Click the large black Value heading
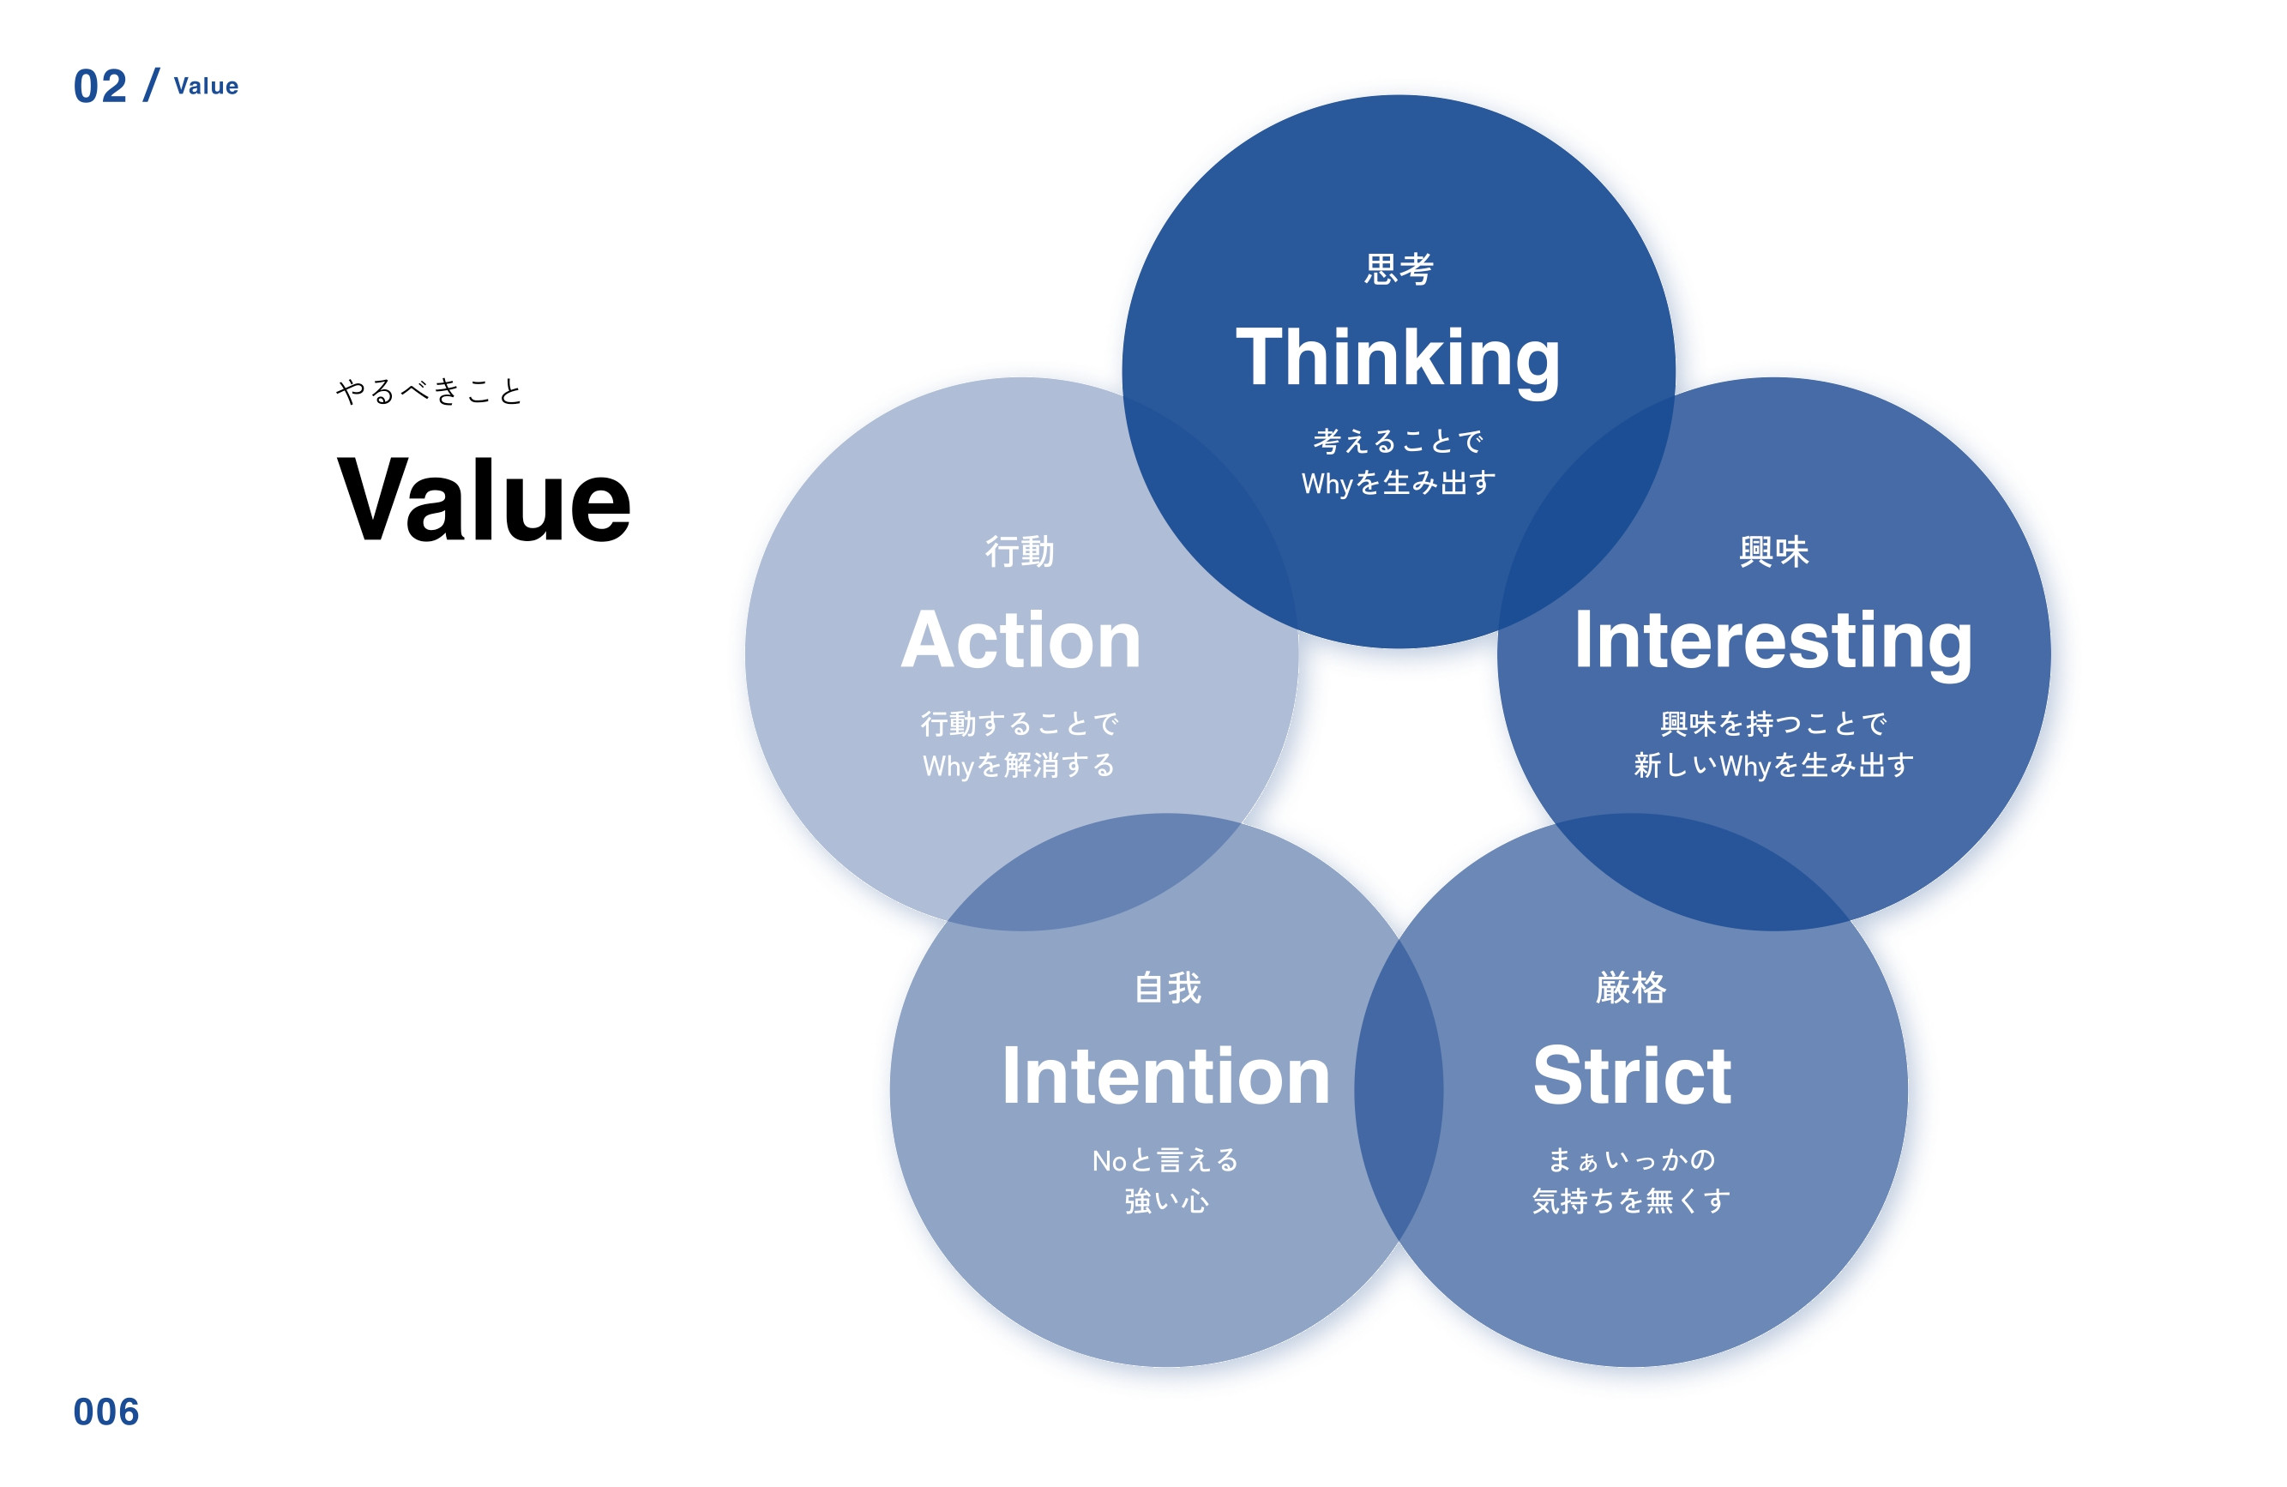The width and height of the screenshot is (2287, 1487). (x=484, y=500)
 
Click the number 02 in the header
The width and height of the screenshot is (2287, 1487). (x=100, y=87)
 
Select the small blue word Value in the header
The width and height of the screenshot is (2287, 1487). (x=206, y=87)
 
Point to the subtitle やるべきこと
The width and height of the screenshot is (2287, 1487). (x=429, y=391)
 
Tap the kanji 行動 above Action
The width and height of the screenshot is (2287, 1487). (x=1020, y=551)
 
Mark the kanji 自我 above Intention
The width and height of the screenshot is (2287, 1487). (x=1166, y=988)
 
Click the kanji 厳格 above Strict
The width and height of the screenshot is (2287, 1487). (x=1631, y=988)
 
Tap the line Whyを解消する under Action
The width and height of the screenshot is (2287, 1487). (x=1019, y=765)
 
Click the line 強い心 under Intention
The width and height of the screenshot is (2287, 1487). (x=1166, y=1201)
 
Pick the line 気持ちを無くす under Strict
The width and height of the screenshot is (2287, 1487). (x=1631, y=1201)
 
